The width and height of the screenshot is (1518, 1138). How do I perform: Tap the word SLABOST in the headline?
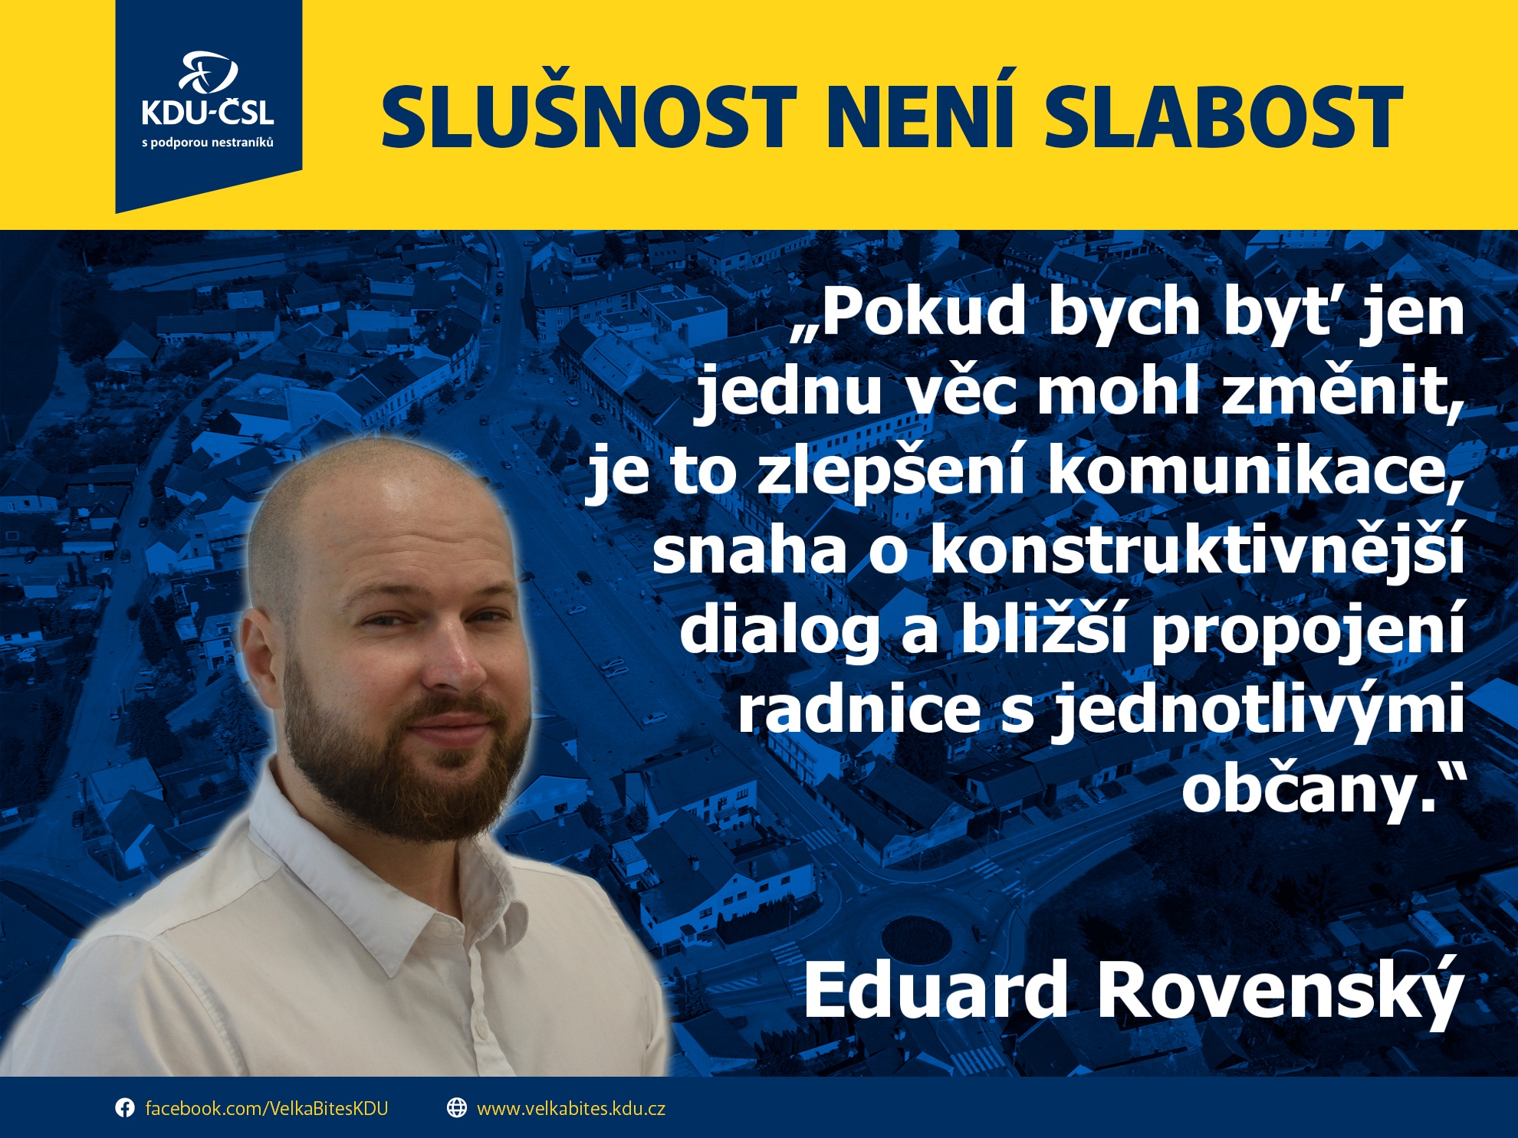[x=1224, y=117]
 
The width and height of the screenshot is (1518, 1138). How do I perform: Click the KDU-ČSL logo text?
[x=208, y=113]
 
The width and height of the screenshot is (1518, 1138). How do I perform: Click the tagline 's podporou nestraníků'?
[x=208, y=143]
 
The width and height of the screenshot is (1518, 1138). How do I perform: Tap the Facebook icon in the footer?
[x=124, y=1108]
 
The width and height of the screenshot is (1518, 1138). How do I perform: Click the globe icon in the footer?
[x=457, y=1108]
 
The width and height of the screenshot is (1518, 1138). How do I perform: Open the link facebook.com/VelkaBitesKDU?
[x=267, y=1109]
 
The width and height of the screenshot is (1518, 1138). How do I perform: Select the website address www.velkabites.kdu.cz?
[x=571, y=1109]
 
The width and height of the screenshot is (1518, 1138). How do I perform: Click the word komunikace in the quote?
[x=1254, y=472]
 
